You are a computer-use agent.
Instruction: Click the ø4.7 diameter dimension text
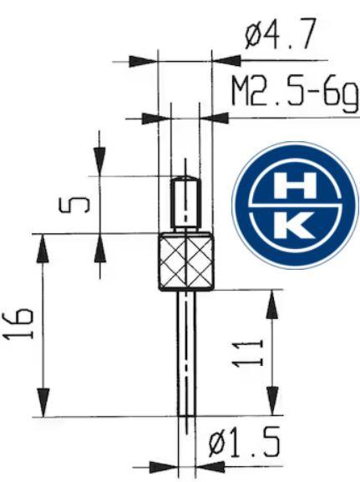[280, 33]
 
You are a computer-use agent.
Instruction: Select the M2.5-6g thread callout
[295, 92]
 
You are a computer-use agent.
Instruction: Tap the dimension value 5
[74, 205]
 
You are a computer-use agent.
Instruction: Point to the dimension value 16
[18, 324]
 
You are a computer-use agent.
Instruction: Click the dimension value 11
[248, 353]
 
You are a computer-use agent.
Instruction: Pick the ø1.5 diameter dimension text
[244, 443]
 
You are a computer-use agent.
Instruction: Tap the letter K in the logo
[293, 226]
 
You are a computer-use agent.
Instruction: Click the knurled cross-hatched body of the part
[185, 261]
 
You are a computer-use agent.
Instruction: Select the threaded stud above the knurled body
[185, 203]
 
